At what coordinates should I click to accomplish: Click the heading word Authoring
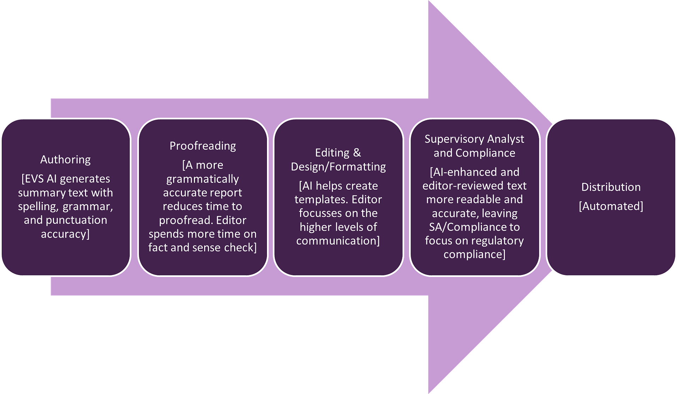65,160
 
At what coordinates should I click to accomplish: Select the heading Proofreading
202,146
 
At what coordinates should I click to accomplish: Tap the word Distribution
611,187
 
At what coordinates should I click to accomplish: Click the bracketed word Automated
611,206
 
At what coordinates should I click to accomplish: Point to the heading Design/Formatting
338,166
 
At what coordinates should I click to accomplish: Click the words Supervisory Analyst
474,139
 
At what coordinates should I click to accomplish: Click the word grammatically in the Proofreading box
202,179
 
